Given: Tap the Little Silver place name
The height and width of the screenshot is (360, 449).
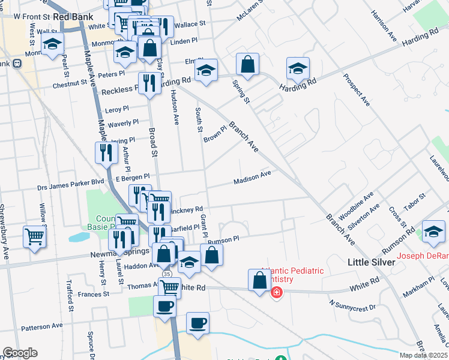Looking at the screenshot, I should [372, 262].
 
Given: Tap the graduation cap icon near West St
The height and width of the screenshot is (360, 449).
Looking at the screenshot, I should [53, 43].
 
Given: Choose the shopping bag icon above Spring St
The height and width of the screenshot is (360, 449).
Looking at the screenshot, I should [247, 64].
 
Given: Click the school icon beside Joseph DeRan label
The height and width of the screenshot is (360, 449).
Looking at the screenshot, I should [433, 232].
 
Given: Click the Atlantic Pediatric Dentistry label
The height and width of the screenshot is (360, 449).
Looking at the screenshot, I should [292, 275].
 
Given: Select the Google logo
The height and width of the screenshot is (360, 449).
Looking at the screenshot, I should [20, 353].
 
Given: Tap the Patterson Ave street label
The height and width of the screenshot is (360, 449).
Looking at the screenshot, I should [42, 326].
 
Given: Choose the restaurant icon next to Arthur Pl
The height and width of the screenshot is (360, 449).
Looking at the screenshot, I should [106, 152].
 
